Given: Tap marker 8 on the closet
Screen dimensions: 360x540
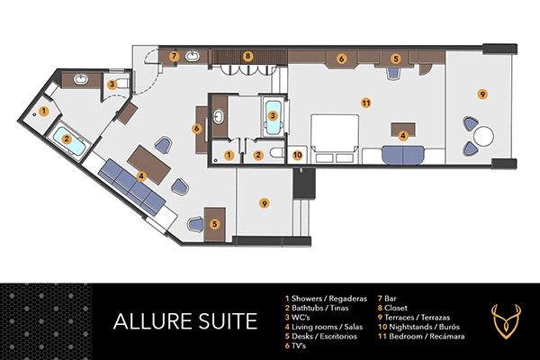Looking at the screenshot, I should tap(247, 56).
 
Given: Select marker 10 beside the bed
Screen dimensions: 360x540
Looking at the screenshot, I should tap(298, 155).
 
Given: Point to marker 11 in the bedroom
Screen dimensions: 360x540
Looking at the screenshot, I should tap(365, 103).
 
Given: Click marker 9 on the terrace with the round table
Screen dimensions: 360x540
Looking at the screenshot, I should tap(482, 94).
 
